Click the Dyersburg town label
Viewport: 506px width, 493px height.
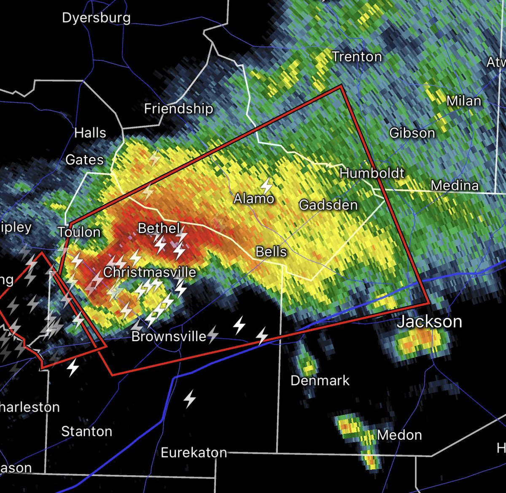tap(96, 18)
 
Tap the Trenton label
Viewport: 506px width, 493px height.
tap(357, 57)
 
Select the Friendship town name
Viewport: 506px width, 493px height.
tap(179, 109)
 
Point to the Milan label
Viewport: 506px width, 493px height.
tap(464, 101)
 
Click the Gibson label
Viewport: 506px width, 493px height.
tap(412, 133)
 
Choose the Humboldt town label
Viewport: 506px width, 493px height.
tap(372, 173)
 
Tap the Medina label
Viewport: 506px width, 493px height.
tap(455, 185)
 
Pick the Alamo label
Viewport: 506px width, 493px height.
tap(254, 198)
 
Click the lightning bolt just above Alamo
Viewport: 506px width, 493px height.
tap(266, 185)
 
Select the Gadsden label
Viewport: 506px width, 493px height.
tap(328, 205)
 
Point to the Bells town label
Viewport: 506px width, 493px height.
tap(271, 252)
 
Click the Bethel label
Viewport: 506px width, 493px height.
tap(159, 228)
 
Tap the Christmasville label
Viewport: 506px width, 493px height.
tap(150, 272)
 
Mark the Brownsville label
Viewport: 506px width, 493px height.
tap(169, 336)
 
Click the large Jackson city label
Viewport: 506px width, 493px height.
tap(429, 322)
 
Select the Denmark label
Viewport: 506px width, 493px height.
tap(320, 381)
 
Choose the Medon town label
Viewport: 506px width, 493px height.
tap(399, 435)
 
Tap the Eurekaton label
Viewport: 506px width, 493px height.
tap(194, 453)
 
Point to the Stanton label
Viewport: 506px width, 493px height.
tap(87, 431)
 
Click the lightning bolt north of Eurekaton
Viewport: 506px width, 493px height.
tap(190, 398)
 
